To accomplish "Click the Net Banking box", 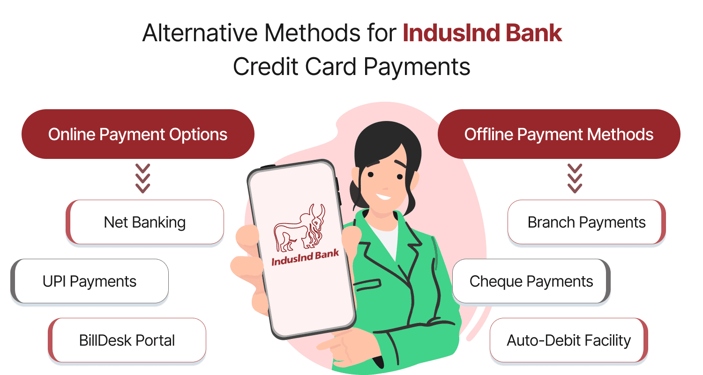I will click(145, 222).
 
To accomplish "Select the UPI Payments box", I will click(90, 281).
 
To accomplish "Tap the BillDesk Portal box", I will click(127, 340).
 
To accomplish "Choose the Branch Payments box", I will click(586, 222).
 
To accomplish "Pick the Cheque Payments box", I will click(531, 281).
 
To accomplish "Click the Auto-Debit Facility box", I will click(568, 340).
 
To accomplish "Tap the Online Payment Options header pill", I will click(138, 135).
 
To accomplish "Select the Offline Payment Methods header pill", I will click(559, 135).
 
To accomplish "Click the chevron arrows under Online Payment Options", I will click(142, 179).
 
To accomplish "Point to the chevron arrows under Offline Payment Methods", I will click(575, 179).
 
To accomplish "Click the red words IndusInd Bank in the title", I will click(482, 34).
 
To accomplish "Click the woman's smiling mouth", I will click(383, 195).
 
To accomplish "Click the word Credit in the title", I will click(262, 67).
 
